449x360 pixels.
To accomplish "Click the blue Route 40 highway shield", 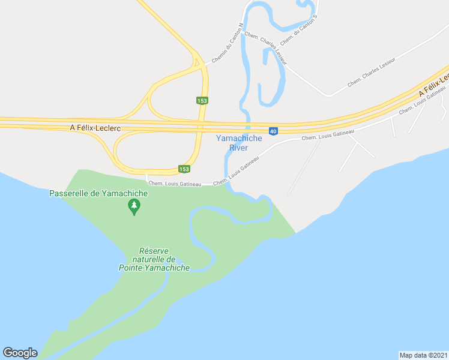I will [273, 131].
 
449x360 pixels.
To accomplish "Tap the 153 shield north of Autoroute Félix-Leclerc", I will [202, 100].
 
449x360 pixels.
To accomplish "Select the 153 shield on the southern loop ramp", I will [184, 169].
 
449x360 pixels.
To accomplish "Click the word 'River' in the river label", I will [238, 148].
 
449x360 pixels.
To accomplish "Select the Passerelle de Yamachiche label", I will [98, 193].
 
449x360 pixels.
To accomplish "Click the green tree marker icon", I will [134, 207].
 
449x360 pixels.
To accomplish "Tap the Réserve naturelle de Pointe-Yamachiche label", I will [154, 259].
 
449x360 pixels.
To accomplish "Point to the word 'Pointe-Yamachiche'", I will [154, 268].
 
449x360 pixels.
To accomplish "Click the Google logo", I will [20, 353].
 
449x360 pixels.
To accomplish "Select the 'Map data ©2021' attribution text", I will [423, 355].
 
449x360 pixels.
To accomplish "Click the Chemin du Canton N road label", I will [226, 43].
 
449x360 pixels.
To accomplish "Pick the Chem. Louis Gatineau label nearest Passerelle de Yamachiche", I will [174, 184].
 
